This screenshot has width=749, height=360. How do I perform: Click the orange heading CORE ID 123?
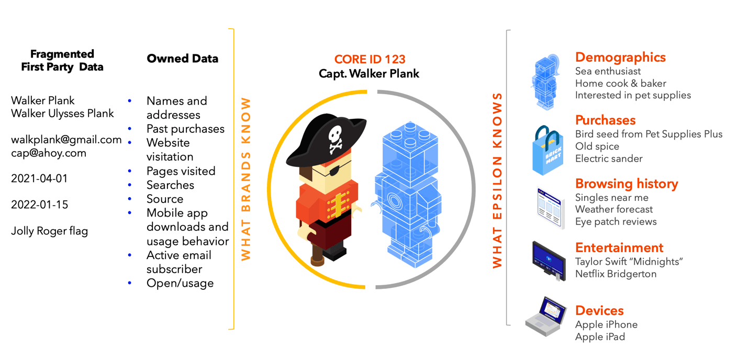370,60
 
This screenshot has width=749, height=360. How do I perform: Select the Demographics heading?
620,58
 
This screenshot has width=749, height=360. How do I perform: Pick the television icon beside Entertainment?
549,260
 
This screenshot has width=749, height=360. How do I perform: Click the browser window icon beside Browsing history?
551,208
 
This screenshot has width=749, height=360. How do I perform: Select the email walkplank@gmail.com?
66,140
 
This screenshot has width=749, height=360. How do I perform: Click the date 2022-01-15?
40,205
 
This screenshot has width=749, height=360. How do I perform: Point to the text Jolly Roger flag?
50,231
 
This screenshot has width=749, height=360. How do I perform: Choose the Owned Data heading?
182,59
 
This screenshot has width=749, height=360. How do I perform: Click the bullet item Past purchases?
185,129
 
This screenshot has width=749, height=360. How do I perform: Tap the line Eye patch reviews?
616,221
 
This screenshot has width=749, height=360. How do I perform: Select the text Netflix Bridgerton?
616,274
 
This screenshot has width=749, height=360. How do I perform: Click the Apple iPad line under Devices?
600,336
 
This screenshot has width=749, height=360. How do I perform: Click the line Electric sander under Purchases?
609,159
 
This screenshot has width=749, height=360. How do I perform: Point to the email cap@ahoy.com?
49,153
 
